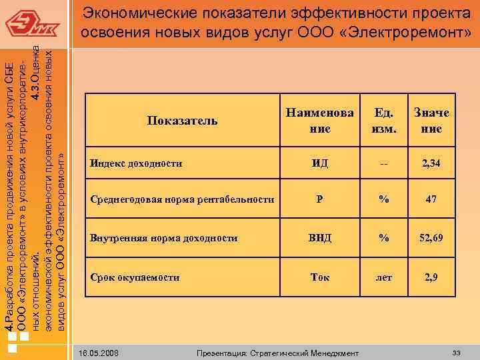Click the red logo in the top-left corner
pos(33,25)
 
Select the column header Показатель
pos(183,120)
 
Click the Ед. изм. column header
pos(384,120)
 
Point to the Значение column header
pos(431,120)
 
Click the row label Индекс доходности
pos(137,163)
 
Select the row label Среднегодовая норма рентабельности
pos(182,199)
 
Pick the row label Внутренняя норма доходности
pos(164,237)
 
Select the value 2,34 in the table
pos(431,163)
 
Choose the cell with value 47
pos(431,199)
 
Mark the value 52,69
pos(431,237)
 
